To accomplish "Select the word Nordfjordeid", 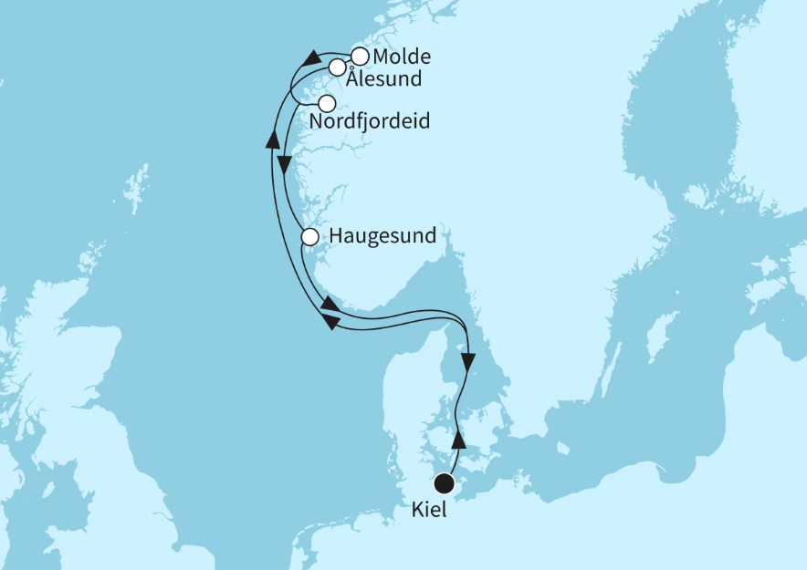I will [x=370, y=121].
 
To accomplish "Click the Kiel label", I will [x=429, y=512].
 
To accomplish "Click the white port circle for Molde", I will [x=360, y=56].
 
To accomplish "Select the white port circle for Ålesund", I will [x=337, y=67].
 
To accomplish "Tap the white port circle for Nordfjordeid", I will [x=327, y=103].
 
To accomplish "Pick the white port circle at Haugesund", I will [x=309, y=237].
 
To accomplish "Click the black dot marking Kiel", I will [x=445, y=483].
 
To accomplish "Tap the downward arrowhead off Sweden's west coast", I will [x=468, y=362].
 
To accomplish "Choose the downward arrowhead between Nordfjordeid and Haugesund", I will [x=284, y=166].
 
